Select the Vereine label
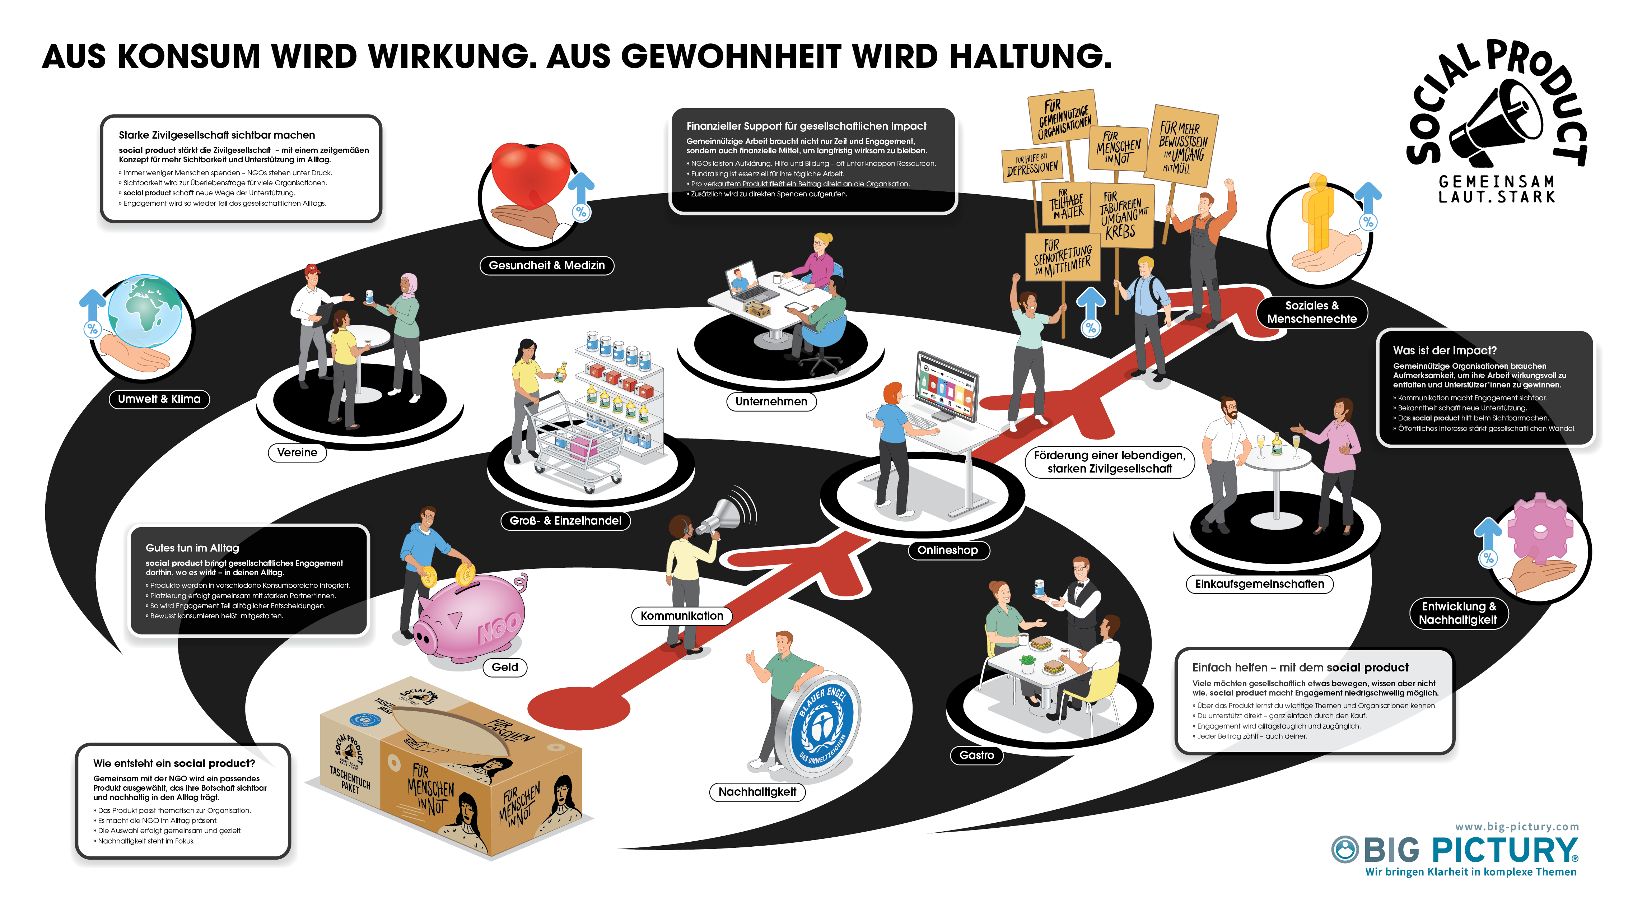pyautogui.click(x=297, y=452)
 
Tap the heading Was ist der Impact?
pyautogui.click(x=1444, y=350)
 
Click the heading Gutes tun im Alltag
pyautogui.click(x=192, y=548)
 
